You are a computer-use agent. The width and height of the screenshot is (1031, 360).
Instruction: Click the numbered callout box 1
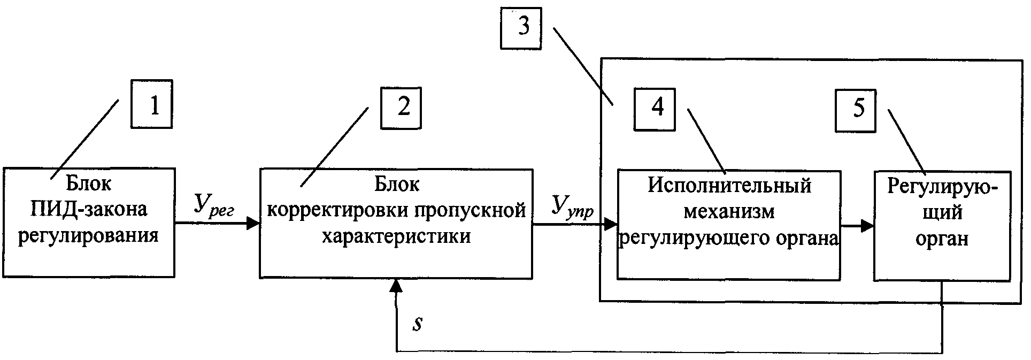(152, 104)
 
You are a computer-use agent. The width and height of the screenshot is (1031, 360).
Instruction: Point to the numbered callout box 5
(855, 111)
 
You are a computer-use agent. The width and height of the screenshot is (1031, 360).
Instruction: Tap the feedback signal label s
(418, 324)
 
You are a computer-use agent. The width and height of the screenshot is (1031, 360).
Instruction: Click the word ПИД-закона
(89, 209)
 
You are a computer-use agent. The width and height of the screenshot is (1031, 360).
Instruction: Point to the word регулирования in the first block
(89, 236)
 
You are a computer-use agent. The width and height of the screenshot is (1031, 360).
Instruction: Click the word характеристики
(396, 236)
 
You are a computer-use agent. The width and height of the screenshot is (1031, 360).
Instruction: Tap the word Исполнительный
(729, 186)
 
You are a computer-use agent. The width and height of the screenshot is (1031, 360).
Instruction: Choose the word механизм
(729, 211)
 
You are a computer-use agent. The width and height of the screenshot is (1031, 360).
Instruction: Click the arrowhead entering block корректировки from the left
(253, 223)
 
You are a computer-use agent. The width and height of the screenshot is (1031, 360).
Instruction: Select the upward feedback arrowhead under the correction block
(396, 286)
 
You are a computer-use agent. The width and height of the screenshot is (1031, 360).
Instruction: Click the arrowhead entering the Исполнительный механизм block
(610, 225)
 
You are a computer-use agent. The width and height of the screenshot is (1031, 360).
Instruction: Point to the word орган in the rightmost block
(942, 239)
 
